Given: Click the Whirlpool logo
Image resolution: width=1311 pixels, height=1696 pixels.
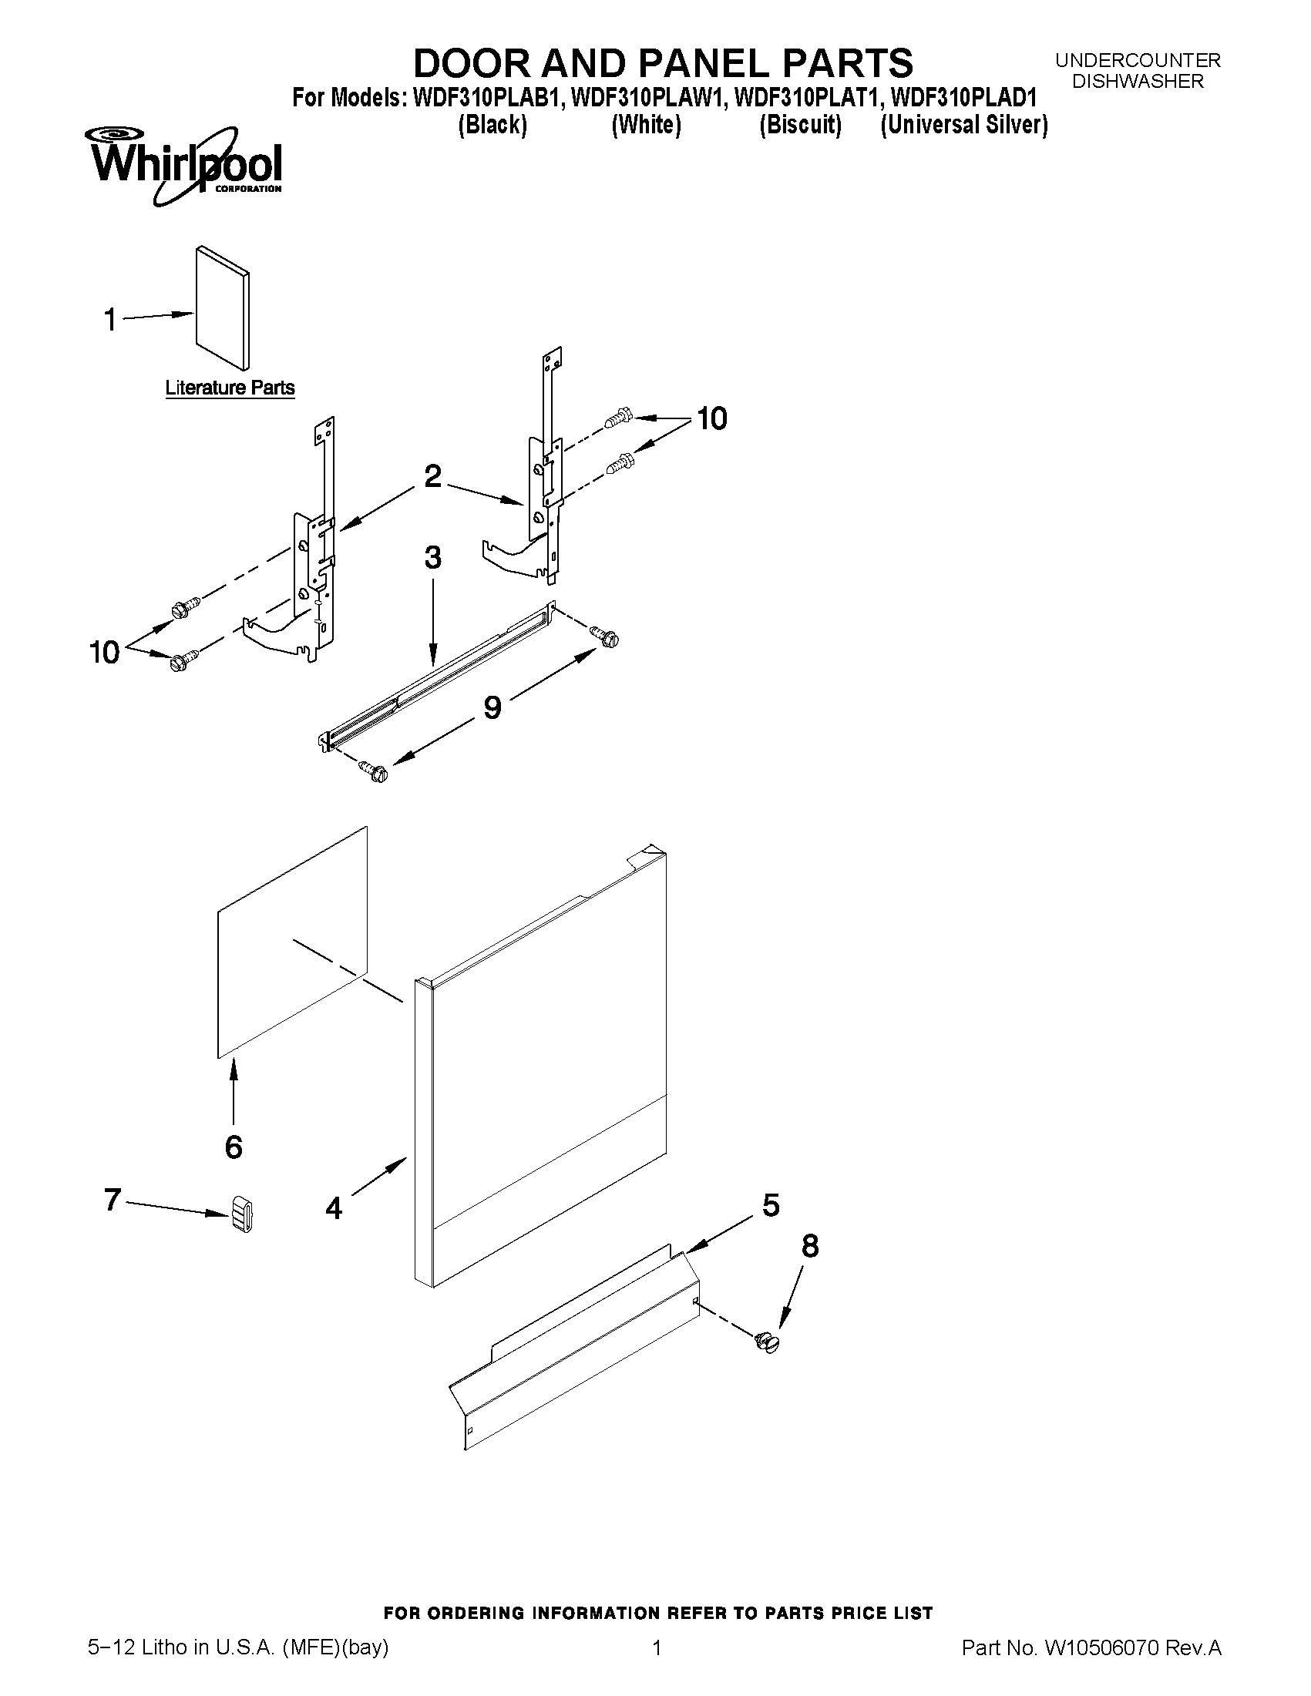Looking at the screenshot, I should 186,166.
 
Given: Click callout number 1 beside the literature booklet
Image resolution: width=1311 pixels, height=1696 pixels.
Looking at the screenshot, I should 111,319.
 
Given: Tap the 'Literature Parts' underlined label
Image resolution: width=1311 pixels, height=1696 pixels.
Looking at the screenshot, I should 230,388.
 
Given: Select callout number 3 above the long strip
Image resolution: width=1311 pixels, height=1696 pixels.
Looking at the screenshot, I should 432,558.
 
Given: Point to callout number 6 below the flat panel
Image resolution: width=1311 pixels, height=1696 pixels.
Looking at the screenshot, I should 234,1147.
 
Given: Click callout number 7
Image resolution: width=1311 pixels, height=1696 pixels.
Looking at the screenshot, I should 113,1200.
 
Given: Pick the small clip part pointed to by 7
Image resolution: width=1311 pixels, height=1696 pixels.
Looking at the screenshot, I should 241,1214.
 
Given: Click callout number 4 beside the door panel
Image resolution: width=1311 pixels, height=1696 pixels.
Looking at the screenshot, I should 334,1208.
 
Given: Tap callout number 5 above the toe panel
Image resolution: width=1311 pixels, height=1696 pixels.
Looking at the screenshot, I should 771,1205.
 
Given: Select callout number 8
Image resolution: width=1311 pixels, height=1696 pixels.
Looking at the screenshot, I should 809,1245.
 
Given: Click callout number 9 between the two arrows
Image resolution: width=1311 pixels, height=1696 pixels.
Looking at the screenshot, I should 492,707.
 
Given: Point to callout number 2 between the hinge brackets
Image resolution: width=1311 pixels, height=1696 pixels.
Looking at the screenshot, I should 432,476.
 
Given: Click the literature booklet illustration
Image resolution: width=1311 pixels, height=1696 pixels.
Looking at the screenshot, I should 224,307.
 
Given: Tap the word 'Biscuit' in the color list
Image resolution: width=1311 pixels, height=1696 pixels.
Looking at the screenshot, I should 800,125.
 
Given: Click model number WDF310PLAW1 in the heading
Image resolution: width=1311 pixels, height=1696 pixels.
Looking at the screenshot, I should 647,99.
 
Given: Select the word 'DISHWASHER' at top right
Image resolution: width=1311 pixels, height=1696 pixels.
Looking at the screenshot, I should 1138,81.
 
